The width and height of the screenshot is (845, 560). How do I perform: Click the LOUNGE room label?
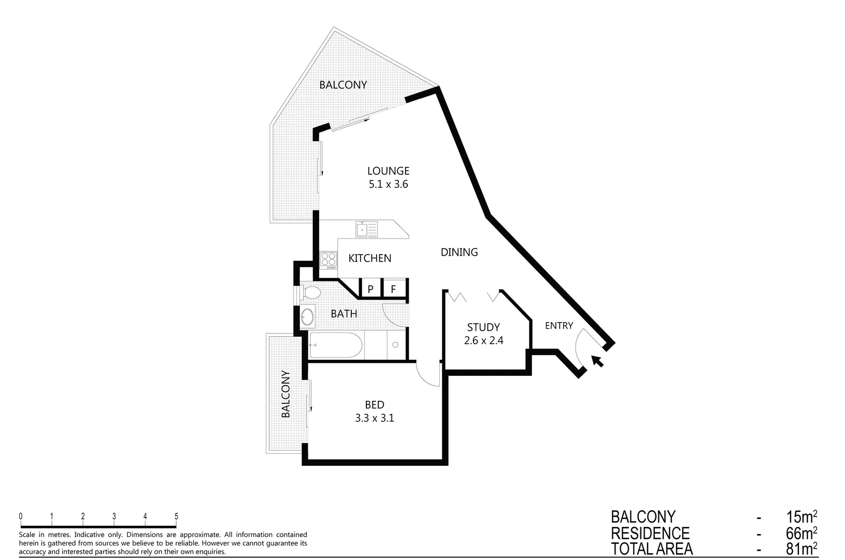[x=388, y=171]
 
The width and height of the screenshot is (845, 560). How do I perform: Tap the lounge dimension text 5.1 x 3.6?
[x=388, y=184]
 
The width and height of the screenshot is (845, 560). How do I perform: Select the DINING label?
[x=459, y=252]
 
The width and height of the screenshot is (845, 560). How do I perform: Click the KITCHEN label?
[x=369, y=258]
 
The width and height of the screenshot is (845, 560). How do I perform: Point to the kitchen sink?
[x=366, y=229]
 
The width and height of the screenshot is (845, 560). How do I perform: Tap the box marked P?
[x=370, y=289]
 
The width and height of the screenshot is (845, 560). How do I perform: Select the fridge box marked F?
[x=393, y=289]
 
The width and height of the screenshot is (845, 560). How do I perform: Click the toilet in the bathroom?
[x=311, y=293]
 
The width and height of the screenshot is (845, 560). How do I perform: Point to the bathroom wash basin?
[x=307, y=316]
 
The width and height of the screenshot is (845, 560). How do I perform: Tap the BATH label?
[x=344, y=314]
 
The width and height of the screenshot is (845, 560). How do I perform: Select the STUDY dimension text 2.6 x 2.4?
[x=484, y=341]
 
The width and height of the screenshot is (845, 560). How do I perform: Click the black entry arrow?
[x=597, y=361]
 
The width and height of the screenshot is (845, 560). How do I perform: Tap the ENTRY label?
[x=559, y=326]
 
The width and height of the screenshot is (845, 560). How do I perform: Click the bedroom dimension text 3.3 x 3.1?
[x=375, y=418]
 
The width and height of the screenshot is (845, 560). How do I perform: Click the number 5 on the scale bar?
[x=176, y=516]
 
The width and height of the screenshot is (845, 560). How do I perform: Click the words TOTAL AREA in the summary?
[x=651, y=549]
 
